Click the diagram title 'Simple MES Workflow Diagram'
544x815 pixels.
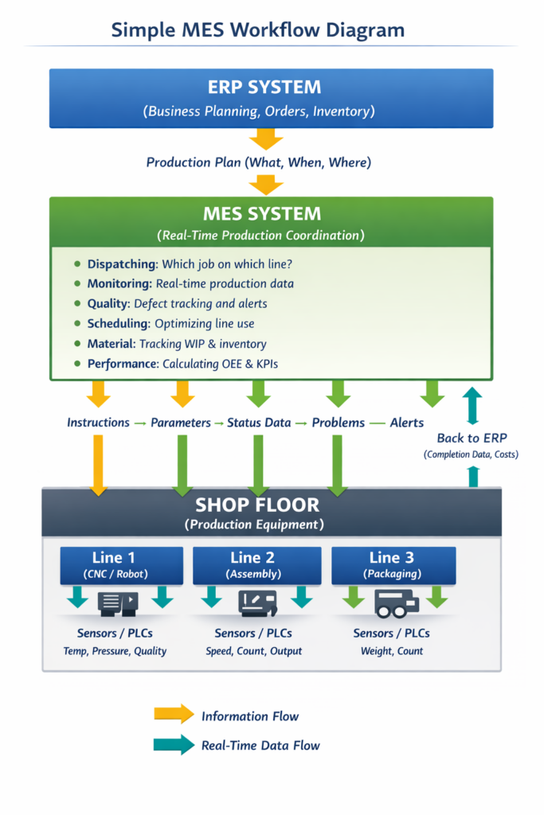click(257, 30)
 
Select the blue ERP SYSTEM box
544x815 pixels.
click(271, 98)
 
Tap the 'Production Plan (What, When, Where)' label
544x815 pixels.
click(259, 162)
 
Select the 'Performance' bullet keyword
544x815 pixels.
click(123, 364)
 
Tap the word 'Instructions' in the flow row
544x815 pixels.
click(98, 423)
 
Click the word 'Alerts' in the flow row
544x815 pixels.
click(406, 423)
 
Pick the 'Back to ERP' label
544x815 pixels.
click(472, 439)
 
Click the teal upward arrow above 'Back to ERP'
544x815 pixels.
click(472, 404)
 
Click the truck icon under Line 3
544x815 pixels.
click(396, 604)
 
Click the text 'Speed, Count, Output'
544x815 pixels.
click(253, 651)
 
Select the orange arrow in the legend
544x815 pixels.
click(174, 714)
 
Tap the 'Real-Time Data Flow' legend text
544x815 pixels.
click(260, 746)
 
